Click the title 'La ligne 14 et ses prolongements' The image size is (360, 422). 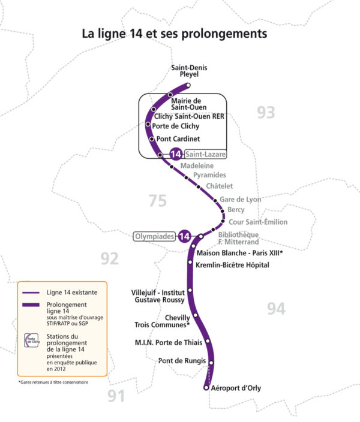[x=174, y=34]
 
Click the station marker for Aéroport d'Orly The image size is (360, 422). [x=206, y=388]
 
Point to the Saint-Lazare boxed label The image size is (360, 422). [x=206, y=154]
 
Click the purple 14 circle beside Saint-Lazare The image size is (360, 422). [x=176, y=154]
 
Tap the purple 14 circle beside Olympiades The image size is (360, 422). [x=185, y=237]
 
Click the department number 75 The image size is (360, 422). [x=157, y=201]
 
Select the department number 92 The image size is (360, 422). [x=109, y=258]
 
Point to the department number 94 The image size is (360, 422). [x=275, y=308]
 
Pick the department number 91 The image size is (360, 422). [x=118, y=395]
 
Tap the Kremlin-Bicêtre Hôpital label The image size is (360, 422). [x=233, y=265]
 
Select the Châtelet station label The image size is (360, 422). [x=219, y=186]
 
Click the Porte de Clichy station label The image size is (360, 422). [x=176, y=126]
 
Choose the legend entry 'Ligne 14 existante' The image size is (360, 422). [x=71, y=293]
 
